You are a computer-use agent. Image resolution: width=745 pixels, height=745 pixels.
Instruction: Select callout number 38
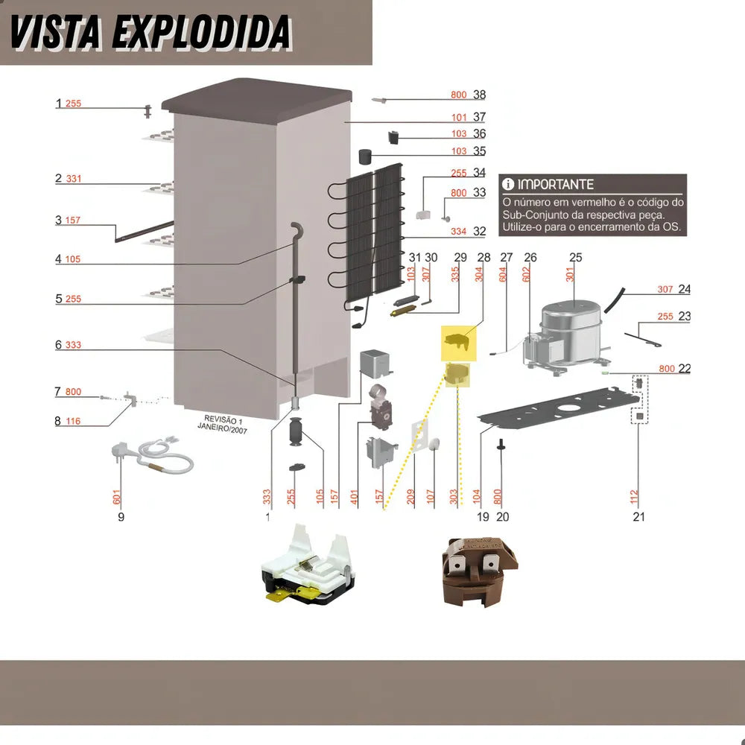pos(479,95)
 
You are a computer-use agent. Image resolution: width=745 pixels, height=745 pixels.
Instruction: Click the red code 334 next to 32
pos(458,232)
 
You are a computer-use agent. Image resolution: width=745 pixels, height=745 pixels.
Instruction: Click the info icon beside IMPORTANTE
pos(508,184)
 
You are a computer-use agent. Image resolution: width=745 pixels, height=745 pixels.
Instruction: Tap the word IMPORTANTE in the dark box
pos(556,184)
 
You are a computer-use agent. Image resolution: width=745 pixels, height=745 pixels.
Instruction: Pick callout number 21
pos(638,516)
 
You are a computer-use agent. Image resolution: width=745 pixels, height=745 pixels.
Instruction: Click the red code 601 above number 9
pos(116,497)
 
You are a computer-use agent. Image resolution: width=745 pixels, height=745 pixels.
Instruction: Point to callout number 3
pos(58,221)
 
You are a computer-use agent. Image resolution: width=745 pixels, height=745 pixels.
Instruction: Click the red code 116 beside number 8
pos(73,422)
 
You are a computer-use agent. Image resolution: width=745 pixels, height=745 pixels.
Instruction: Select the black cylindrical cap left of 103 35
pos(366,156)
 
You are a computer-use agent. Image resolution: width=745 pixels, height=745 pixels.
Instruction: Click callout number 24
pos(684,289)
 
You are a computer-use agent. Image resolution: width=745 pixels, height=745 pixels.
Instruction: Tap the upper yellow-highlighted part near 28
pos(456,341)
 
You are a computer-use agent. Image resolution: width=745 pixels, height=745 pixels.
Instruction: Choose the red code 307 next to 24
pos(665,290)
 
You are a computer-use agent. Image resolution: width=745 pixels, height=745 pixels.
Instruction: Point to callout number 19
pos(483,516)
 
